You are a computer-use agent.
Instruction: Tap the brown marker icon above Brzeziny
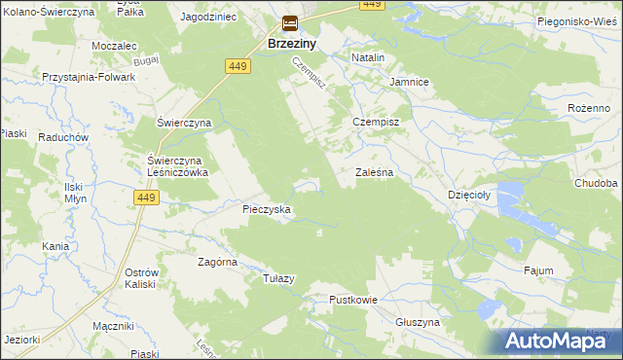point(290,25)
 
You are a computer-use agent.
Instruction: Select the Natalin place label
point(368,58)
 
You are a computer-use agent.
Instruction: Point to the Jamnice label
point(409,82)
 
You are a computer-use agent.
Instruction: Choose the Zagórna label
point(218,262)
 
